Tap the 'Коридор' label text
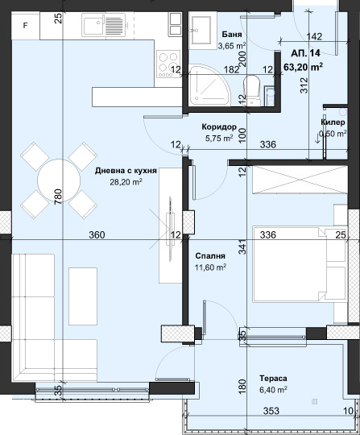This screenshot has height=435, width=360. click(x=219, y=127)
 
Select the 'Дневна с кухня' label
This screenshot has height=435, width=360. click(x=125, y=171)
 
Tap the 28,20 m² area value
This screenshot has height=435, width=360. click(x=125, y=182)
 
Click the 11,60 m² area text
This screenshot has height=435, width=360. click(x=209, y=267)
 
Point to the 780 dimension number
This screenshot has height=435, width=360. click(x=58, y=197)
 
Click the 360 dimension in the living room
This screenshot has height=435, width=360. click(x=97, y=234)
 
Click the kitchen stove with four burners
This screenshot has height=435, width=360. click(x=168, y=61)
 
